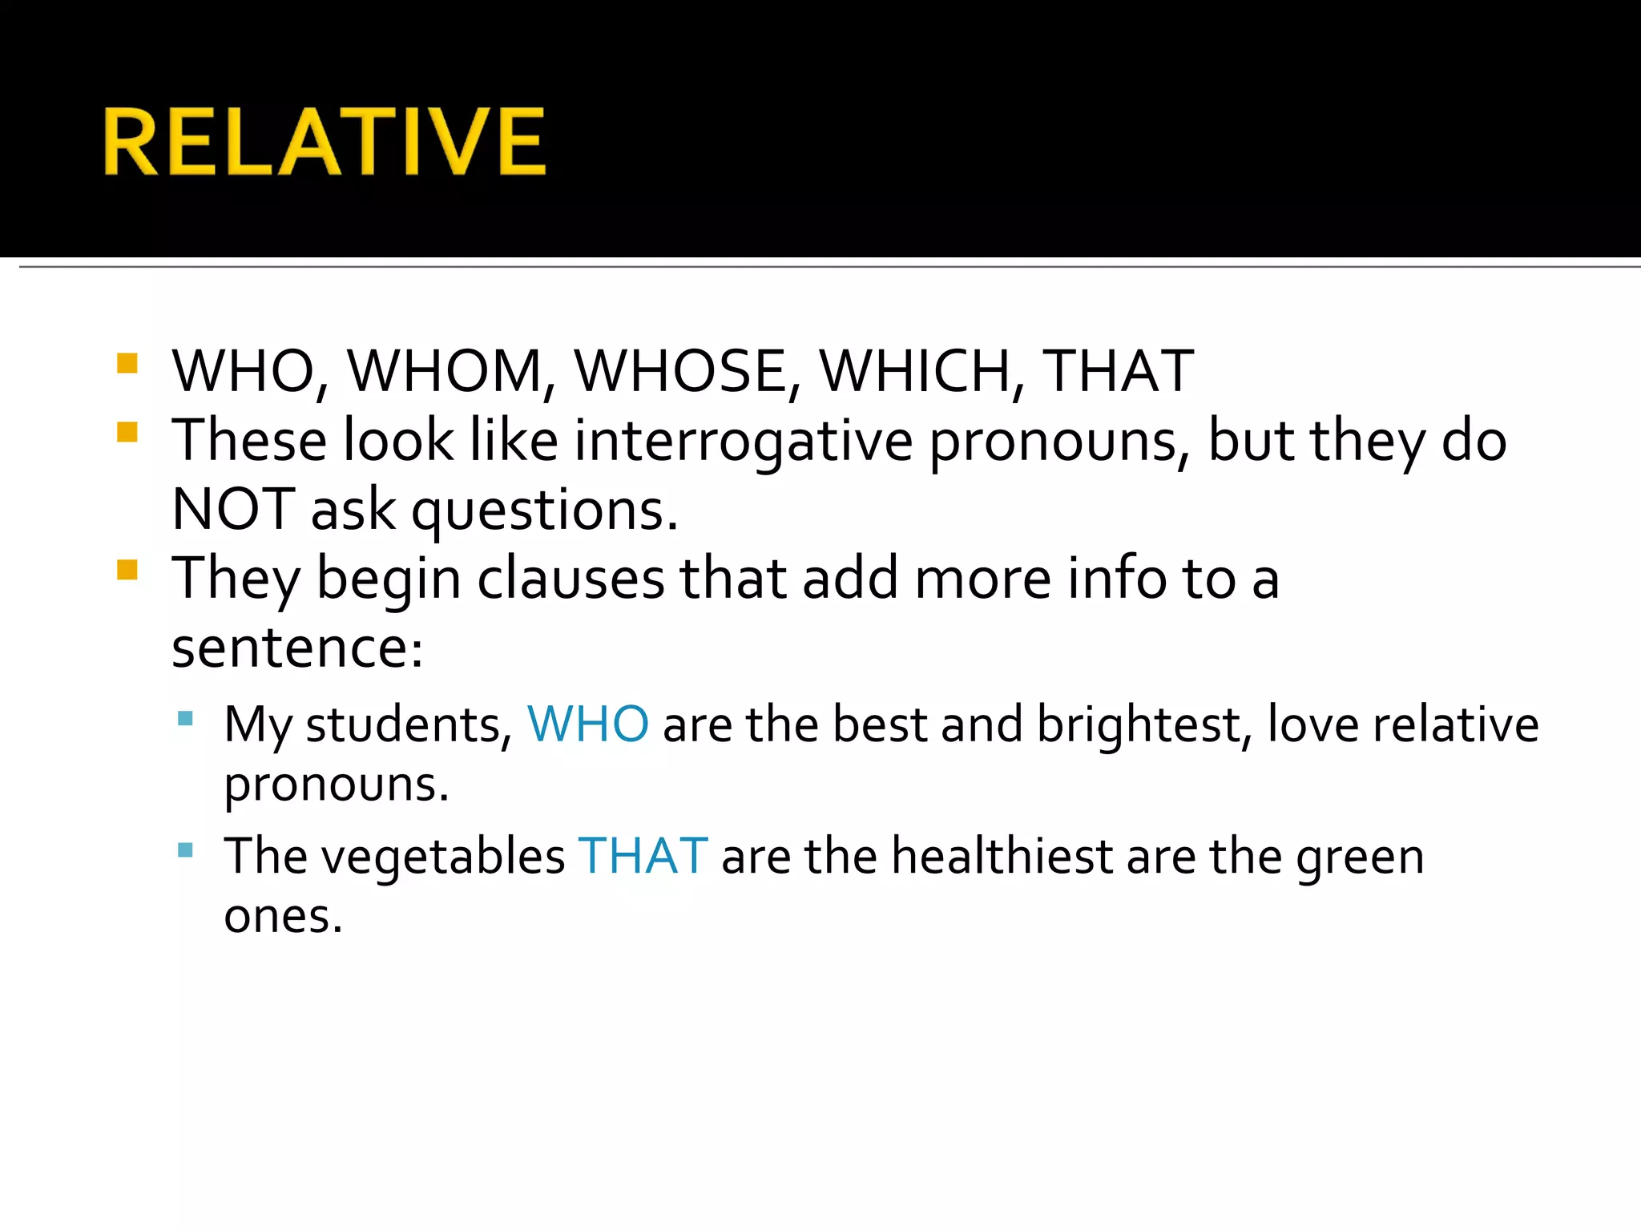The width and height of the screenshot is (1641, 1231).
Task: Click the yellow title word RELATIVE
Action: pyautogui.click(x=325, y=142)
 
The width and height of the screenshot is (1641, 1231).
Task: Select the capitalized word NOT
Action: pyautogui.click(x=234, y=511)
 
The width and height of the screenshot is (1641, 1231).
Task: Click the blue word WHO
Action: pyautogui.click(x=587, y=724)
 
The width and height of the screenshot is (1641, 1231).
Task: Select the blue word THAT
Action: pyautogui.click(x=643, y=856)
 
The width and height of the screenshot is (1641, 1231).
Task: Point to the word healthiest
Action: pyautogui.click(x=1002, y=856)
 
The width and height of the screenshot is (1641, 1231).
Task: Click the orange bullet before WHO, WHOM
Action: pyautogui.click(x=127, y=364)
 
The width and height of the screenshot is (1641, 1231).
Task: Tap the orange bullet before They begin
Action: pyautogui.click(x=127, y=570)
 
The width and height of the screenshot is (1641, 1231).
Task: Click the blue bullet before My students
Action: pyautogui.click(x=185, y=718)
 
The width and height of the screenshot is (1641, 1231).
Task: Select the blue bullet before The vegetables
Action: pyautogui.click(x=185, y=850)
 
